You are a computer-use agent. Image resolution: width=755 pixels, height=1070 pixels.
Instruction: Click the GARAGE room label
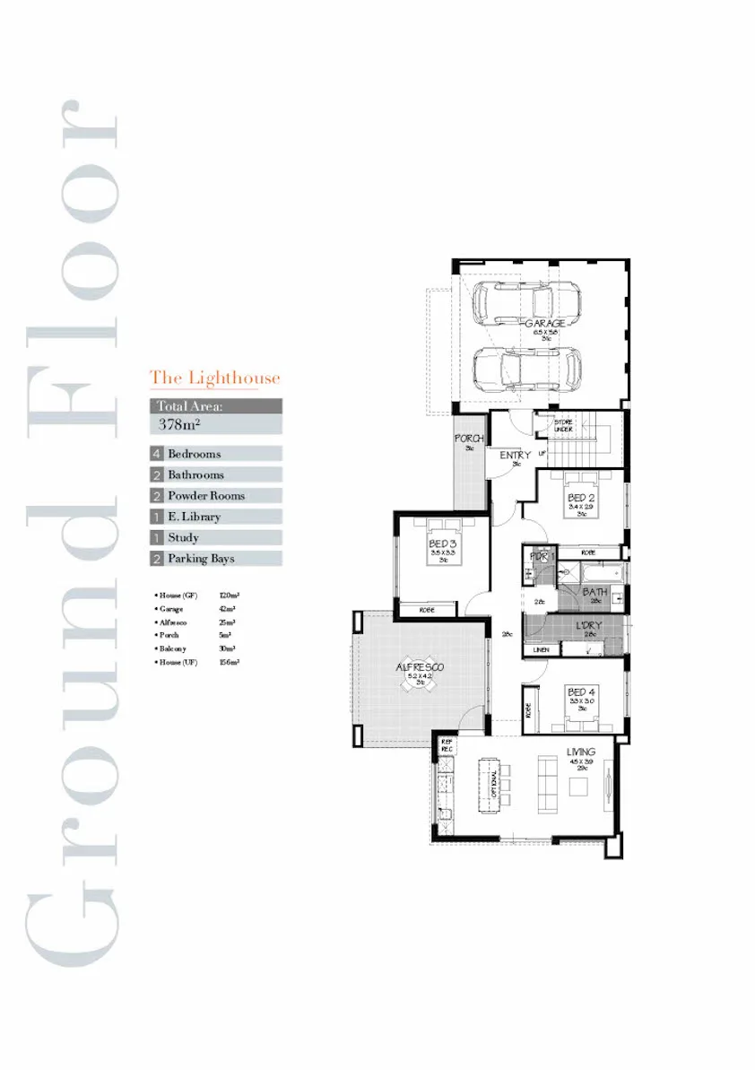(x=544, y=323)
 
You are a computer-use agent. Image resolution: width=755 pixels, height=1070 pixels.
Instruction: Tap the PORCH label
(x=469, y=439)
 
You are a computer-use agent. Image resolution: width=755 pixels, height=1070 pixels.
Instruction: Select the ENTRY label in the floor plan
(x=515, y=455)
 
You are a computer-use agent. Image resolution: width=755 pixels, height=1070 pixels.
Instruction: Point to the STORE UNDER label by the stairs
(x=563, y=426)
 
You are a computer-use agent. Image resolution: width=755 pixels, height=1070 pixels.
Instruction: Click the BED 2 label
(x=580, y=497)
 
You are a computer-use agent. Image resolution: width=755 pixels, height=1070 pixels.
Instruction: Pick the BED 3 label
(x=443, y=544)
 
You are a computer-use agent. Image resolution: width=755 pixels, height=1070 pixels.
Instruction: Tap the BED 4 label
(x=580, y=692)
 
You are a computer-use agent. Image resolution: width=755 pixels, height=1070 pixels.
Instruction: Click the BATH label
(x=594, y=592)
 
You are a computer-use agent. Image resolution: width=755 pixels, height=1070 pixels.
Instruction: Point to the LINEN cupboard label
(x=541, y=649)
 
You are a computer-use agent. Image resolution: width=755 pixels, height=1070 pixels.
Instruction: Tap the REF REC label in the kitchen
(x=447, y=744)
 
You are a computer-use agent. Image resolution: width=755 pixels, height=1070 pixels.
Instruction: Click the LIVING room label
(x=581, y=752)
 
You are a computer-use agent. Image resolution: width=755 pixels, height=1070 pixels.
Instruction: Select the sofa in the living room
(x=546, y=786)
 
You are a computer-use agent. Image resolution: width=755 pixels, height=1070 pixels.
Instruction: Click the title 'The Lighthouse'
(x=214, y=378)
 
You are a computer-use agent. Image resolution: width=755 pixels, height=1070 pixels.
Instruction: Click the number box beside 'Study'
(x=157, y=538)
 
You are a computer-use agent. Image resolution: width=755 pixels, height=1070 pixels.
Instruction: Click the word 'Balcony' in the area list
(x=174, y=648)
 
